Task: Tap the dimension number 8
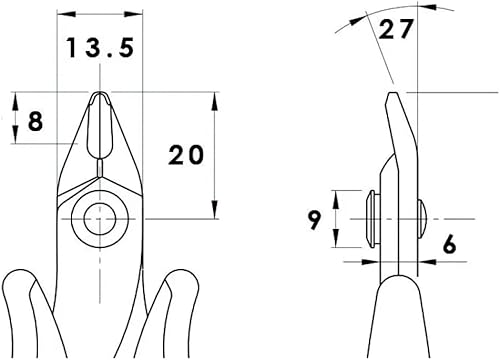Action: coord(36,121)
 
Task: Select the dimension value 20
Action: coord(185,155)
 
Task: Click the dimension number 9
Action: coord(315,219)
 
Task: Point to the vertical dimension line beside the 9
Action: coord(337,217)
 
